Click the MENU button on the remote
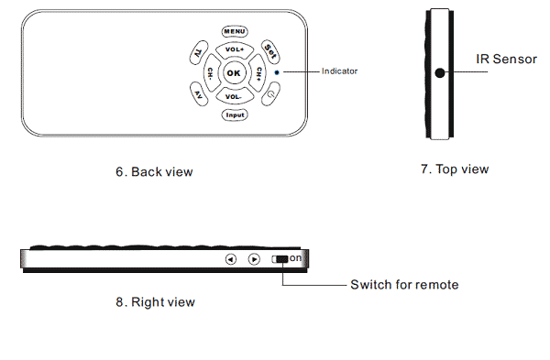click(x=235, y=31)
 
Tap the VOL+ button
click(x=235, y=50)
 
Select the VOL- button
click(x=235, y=96)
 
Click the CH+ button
click(x=258, y=73)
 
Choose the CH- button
click(x=212, y=73)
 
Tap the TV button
click(x=199, y=52)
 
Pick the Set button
click(x=270, y=51)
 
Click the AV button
click(x=199, y=94)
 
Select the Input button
click(x=235, y=115)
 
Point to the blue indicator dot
click(x=277, y=72)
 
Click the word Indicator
click(x=339, y=71)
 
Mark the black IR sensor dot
click(x=440, y=73)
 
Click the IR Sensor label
click(x=506, y=59)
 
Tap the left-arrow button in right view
click(x=230, y=259)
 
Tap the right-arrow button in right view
click(x=254, y=259)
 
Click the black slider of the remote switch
click(x=282, y=259)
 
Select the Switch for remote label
click(x=404, y=285)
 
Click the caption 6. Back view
click(x=154, y=172)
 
